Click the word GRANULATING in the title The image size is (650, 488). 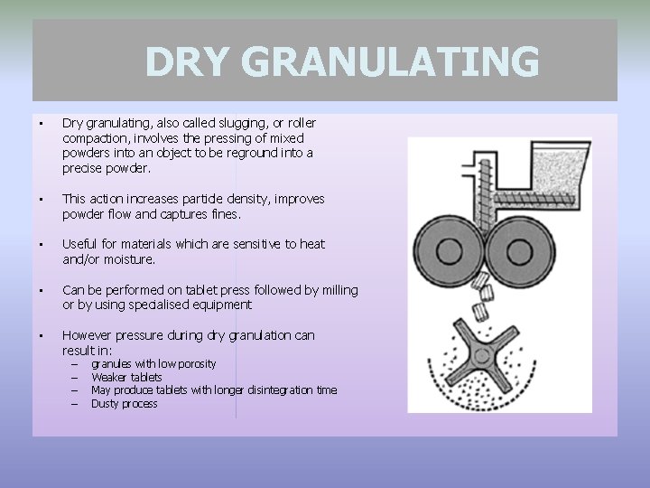click(x=391, y=62)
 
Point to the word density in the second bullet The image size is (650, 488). click(x=222, y=199)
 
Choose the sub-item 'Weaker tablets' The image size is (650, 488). click(x=126, y=377)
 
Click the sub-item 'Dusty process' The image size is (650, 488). click(x=124, y=404)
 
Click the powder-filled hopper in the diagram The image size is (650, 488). click(x=555, y=174)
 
